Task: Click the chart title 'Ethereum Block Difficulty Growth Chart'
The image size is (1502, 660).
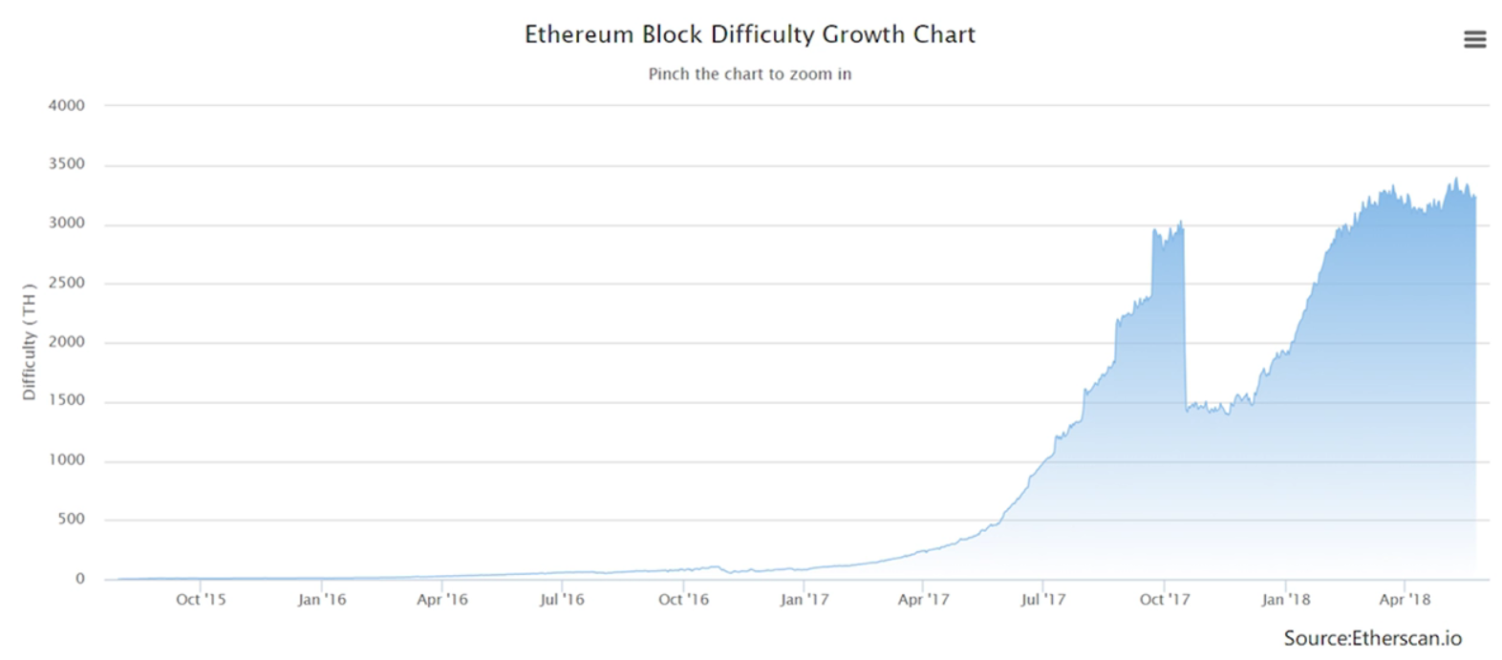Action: pos(749,34)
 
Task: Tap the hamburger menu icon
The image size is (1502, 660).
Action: pos(1474,39)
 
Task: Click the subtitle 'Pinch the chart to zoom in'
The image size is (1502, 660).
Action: pos(749,74)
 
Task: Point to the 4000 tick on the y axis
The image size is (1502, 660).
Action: pos(67,105)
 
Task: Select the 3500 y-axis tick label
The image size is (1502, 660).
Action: pos(67,164)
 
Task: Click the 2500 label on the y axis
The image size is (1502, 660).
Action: pos(67,283)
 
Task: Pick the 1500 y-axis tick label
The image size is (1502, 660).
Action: pos(67,400)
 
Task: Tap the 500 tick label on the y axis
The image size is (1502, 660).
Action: pos(71,519)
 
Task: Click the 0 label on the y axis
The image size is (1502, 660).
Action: pos(80,578)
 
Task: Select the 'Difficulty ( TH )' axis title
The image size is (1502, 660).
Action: pos(29,341)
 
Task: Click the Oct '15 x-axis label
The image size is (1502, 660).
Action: pos(201,599)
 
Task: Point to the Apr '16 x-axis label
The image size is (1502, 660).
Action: pos(442,599)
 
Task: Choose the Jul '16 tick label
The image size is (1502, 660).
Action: pos(562,599)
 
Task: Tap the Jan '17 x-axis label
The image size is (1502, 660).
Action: pos(804,599)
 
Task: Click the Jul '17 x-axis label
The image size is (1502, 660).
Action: pos(1042,599)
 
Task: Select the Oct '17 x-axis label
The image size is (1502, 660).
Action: pos(1165,599)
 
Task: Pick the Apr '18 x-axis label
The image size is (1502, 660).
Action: pos(1405,599)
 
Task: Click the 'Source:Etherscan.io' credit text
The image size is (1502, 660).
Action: pos(1372,638)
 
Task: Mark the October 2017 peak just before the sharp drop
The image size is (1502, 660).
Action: pos(1182,223)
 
